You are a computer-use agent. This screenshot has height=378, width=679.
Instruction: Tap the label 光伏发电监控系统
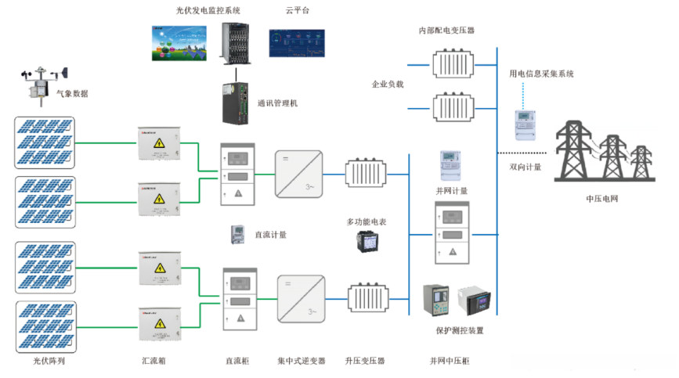click(x=208, y=11)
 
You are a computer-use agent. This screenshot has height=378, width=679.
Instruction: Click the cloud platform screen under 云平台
click(x=295, y=44)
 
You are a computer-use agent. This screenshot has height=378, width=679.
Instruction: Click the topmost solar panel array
click(x=45, y=142)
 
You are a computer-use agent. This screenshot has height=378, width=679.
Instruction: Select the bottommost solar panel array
click(x=45, y=326)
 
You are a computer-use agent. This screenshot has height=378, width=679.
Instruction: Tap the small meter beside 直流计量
click(x=235, y=234)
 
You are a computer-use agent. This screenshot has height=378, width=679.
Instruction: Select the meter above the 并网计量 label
click(x=451, y=166)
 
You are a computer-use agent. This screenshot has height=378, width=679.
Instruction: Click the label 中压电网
click(x=601, y=199)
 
